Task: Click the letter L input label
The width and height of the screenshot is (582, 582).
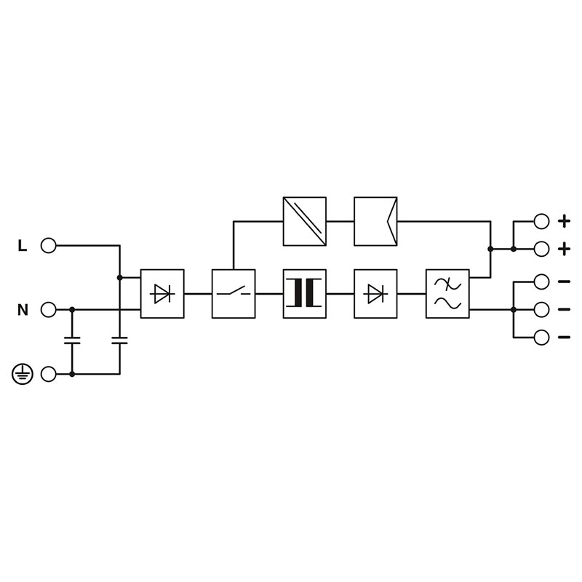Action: (x=23, y=245)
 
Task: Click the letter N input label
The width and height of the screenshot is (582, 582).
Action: (x=23, y=310)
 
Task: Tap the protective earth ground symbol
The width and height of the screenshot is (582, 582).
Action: (x=23, y=374)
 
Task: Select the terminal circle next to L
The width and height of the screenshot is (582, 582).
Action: (x=48, y=245)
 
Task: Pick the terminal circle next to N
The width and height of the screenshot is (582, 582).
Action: (x=48, y=310)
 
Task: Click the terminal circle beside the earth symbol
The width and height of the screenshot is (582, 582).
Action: (x=48, y=374)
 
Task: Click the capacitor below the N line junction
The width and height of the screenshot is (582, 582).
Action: (x=72, y=340)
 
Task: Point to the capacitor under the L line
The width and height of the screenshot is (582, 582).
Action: (x=119, y=340)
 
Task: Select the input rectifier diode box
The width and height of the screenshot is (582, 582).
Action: (x=162, y=294)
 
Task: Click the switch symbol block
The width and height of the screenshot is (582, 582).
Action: (x=234, y=294)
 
